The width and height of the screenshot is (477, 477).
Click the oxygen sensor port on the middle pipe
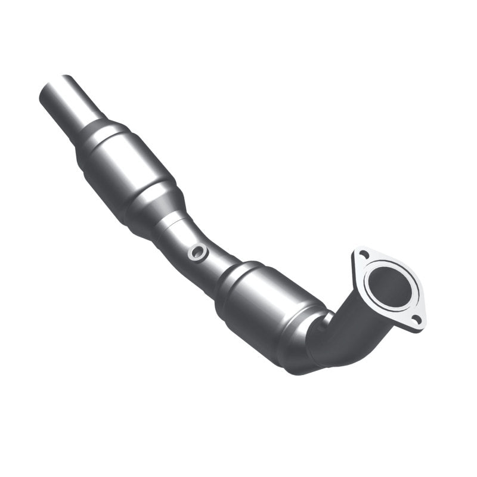click(x=197, y=253)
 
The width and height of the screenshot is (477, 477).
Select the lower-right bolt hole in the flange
click(x=417, y=320)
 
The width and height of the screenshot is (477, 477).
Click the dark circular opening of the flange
click(x=389, y=285)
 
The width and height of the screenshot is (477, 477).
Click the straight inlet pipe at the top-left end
click(x=75, y=104)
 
